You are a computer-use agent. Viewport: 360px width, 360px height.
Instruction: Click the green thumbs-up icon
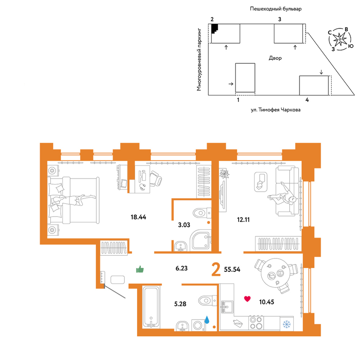coord(140,269)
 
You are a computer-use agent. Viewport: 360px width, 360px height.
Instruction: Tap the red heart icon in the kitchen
coord(247,299)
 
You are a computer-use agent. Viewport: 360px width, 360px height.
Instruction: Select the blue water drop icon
coord(207,319)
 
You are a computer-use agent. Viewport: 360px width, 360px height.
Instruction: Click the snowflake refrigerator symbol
coord(287,324)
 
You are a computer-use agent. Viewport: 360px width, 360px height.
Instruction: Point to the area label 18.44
coord(138,217)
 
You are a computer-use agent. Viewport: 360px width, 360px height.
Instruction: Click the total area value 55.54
coord(232,269)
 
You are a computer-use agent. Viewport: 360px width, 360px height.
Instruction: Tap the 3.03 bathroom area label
coord(184,225)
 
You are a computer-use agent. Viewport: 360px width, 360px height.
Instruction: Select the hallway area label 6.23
coord(181,268)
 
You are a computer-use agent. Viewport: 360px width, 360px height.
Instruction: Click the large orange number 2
coord(216,270)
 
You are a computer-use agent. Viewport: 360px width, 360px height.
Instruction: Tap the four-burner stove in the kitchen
coord(256,323)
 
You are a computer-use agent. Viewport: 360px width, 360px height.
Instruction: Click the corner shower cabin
coord(201,240)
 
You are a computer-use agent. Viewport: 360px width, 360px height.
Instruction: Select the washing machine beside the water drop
coord(198,325)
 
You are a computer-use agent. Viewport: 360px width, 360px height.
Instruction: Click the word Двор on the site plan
coord(275,58)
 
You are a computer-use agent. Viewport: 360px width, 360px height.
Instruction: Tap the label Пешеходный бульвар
coord(276,9)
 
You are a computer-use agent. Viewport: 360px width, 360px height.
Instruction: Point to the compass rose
coord(339,39)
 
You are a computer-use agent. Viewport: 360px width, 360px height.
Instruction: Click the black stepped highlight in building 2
coord(214,28)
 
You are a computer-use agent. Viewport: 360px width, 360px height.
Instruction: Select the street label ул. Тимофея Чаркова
coord(275,110)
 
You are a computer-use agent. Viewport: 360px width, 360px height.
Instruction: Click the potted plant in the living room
coord(224,174)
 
